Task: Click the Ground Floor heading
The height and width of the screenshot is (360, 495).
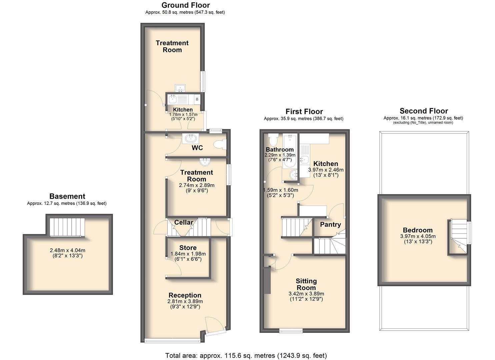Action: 186,5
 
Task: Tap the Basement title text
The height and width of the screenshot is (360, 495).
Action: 67,196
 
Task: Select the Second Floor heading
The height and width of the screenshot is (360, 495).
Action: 424,111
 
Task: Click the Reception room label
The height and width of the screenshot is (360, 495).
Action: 185,295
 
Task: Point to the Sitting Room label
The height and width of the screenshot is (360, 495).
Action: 306,284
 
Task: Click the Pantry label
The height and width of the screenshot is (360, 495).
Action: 330,225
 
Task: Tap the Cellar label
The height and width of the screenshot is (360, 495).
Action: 184,222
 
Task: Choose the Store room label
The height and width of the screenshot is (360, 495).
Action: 188,248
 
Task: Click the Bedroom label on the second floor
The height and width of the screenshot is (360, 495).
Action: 418,230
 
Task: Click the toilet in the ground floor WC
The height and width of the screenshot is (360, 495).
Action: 220,145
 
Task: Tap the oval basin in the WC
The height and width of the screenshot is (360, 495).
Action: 190,139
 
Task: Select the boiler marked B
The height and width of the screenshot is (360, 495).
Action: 197,99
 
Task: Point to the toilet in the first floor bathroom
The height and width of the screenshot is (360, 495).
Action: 273,139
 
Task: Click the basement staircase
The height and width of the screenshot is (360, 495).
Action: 67,227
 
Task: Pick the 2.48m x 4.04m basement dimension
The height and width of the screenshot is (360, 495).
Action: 67,250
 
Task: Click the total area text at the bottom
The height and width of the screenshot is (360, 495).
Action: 246,356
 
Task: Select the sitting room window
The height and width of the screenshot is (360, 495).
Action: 291,331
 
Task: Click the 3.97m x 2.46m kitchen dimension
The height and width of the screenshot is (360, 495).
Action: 326,170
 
